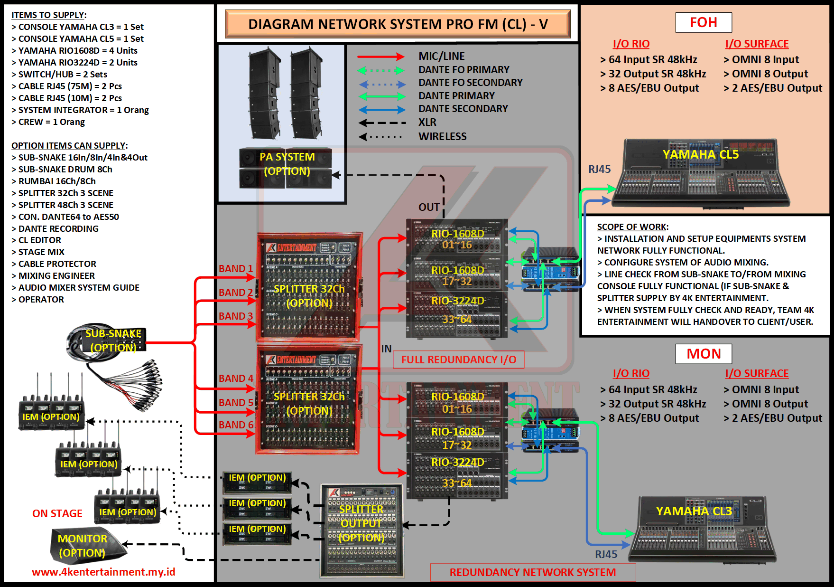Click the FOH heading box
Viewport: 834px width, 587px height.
pos(703,22)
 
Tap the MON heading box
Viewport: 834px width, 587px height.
pos(703,354)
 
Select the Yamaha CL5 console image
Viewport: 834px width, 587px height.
pos(700,173)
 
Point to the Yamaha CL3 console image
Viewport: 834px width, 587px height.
pos(702,530)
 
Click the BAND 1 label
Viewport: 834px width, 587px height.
pos(235,269)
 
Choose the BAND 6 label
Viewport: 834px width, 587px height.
pos(235,425)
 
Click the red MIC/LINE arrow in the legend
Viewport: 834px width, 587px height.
pos(380,57)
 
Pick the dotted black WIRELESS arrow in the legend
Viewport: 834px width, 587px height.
pos(380,137)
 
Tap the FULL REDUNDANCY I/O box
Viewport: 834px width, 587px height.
pos(458,360)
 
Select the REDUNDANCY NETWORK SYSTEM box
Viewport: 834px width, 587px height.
pos(532,572)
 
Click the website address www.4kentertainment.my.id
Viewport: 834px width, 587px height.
pos(103,572)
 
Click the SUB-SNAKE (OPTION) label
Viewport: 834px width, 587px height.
pos(113,340)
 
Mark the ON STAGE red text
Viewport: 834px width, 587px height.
pos(57,513)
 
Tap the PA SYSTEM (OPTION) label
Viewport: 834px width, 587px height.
pos(287,164)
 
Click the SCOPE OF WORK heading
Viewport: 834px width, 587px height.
pos(632,227)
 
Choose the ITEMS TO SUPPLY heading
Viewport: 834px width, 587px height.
pos(49,15)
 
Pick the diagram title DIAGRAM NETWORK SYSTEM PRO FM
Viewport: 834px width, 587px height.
pos(398,24)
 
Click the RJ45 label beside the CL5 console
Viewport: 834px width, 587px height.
pos(599,170)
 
